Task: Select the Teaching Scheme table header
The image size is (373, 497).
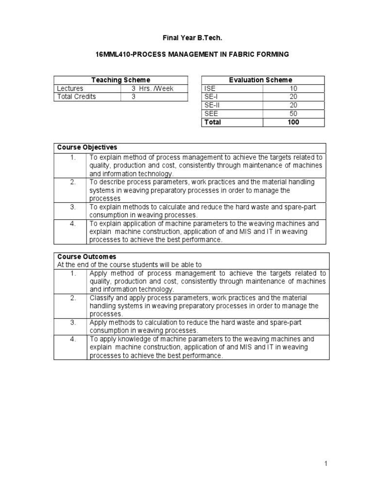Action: pos(120,80)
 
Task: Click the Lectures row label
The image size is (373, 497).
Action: pos(70,88)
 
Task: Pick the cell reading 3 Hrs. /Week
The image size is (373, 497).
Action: pos(152,88)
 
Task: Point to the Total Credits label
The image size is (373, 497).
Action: pos(76,97)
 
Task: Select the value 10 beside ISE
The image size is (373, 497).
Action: pos(293,88)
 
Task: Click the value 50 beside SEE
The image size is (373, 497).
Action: pos(293,114)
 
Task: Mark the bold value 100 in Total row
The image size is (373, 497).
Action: pos(293,122)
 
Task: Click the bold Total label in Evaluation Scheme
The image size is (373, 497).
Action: pos(213,122)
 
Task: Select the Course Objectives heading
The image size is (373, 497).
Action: pos(87,148)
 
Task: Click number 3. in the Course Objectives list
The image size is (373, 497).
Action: pos(73,207)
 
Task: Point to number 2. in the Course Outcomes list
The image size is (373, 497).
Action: pos(73,298)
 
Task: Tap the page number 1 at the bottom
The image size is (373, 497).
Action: pos(326,464)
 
